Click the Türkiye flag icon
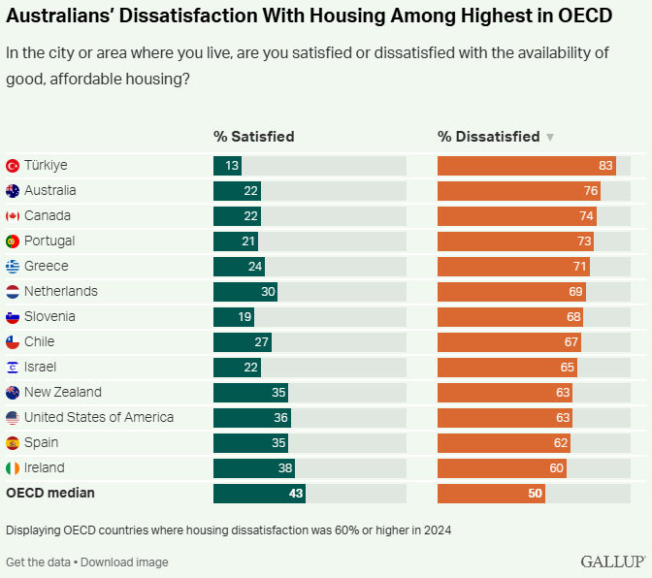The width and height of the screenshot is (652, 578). pyautogui.click(x=13, y=166)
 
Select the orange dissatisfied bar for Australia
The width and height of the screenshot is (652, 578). pyautogui.click(x=519, y=191)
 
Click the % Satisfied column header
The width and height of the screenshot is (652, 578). pyautogui.click(x=253, y=137)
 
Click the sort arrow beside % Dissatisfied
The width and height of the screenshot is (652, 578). pyautogui.click(x=550, y=138)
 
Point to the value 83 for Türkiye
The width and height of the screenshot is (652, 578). pyautogui.click(x=605, y=166)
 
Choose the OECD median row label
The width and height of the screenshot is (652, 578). pyautogui.click(x=50, y=493)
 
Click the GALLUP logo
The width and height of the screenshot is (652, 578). pyautogui.click(x=613, y=562)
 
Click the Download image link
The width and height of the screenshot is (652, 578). pyautogui.click(x=126, y=562)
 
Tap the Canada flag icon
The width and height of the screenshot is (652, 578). pyautogui.click(x=13, y=216)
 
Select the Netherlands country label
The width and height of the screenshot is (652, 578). pyautogui.click(x=61, y=291)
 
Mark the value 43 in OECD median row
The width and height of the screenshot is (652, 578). pyautogui.click(x=296, y=494)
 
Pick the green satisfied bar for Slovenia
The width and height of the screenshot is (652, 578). pyautogui.click(x=234, y=317)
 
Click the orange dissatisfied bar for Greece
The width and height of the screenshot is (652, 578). pyautogui.click(x=513, y=267)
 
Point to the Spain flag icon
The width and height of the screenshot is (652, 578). pyautogui.click(x=13, y=443)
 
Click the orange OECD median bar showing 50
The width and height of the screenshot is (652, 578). pyautogui.click(x=491, y=494)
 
